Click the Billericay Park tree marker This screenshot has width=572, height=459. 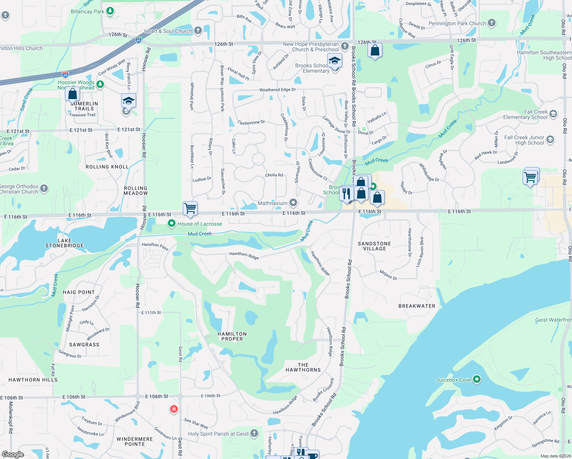[x=110, y=11]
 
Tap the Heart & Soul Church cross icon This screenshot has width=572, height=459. [x=198, y=31]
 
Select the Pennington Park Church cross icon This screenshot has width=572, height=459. [x=492, y=23]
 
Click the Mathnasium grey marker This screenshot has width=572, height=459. [x=293, y=202]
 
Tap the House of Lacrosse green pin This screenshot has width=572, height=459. [x=172, y=224]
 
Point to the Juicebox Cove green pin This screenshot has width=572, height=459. [x=476, y=379]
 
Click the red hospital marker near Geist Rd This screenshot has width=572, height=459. [x=174, y=409]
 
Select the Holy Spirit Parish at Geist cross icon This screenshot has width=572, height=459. [x=254, y=433]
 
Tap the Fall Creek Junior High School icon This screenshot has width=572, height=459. [x=550, y=140]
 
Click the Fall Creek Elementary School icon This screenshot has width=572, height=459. [x=553, y=114]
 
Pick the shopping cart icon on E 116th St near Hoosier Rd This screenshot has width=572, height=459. [x=190, y=208]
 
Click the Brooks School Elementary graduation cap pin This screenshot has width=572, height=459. [x=335, y=61]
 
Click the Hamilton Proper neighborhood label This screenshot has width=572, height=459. [x=232, y=336]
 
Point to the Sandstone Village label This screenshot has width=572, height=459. [x=374, y=246]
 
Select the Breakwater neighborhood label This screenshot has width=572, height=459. [x=417, y=306]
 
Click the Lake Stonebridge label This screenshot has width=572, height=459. [x=64, y=243]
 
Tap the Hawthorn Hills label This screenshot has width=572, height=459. [x=33, y=380]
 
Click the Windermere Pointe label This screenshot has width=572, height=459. [x=135, y=441]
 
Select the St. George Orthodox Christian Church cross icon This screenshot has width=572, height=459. [x=44, y=188]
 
